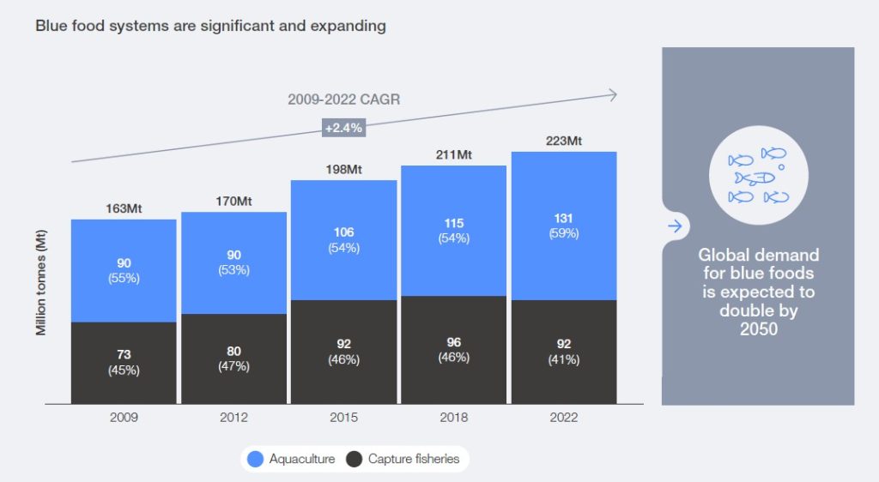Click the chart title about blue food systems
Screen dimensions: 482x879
point(210,26)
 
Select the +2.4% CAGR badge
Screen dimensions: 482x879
point(343,127)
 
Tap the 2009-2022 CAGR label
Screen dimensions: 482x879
point(343,99)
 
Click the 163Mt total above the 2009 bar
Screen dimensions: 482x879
point(124,208)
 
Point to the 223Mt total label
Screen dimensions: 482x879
point(563,141)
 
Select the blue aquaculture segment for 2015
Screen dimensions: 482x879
point(343,240)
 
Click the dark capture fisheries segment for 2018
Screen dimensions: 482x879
point(453,350)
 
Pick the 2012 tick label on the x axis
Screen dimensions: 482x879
point(233,418)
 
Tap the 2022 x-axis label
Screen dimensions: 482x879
point(563,418)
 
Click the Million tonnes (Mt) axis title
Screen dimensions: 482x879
point(41,282)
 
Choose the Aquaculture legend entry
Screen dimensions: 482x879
point(291,459)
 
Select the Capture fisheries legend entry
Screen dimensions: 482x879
point(403,459)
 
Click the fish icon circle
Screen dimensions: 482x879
point(758,176)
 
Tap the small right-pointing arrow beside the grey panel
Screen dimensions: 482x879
point(676,226)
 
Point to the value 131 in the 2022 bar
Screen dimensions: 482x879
point(563,218)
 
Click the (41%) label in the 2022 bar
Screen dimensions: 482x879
point(563,359)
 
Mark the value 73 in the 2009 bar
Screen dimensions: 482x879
point(124,355)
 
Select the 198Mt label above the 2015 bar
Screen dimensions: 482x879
point(343,169)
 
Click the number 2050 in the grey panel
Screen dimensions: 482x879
point(758,328)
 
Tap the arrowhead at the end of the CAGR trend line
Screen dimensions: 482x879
point(613,94)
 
